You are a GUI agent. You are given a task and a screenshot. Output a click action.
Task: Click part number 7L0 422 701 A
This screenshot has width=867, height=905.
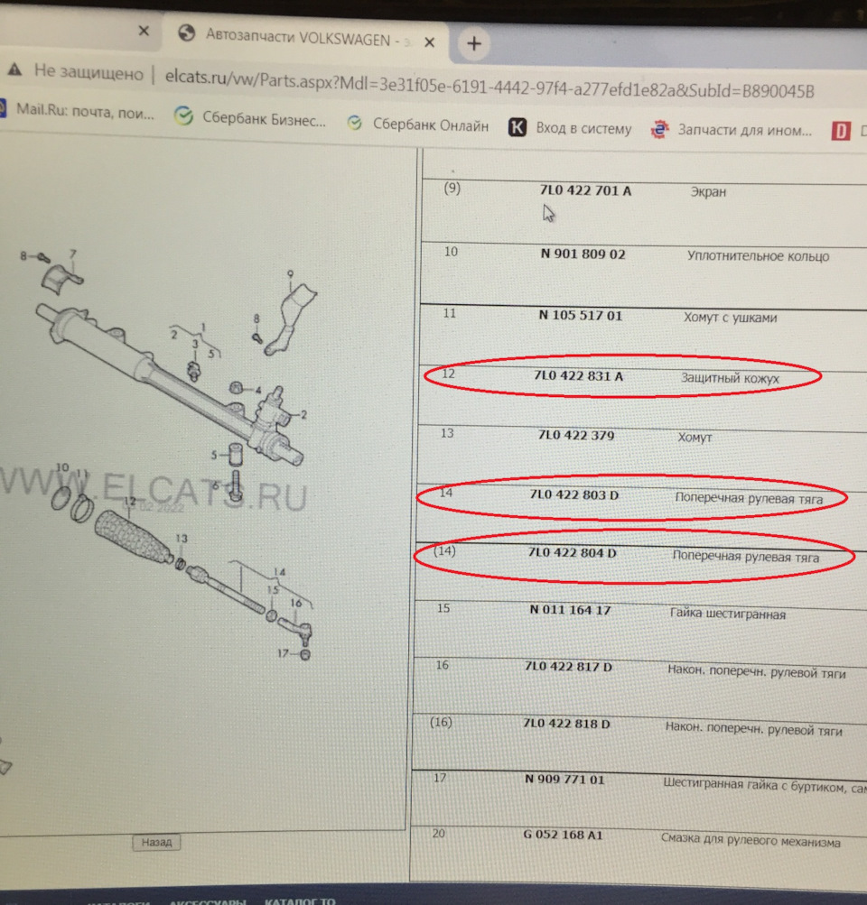[585, 191]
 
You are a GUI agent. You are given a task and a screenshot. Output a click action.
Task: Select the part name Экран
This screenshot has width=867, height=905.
[708, 192]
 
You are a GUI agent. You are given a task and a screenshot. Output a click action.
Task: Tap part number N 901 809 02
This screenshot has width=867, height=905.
[583, 254]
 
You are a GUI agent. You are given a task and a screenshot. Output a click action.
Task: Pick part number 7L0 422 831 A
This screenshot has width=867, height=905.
[578, 377]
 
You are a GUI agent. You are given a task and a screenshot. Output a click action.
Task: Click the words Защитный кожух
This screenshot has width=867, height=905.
[730, 379]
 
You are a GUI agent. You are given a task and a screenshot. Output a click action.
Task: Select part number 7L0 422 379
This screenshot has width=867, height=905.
[575, 436]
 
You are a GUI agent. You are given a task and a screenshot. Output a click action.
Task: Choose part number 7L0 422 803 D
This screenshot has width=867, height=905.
[574, 495]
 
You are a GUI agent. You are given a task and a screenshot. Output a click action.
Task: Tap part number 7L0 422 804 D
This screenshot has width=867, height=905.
[573, 552]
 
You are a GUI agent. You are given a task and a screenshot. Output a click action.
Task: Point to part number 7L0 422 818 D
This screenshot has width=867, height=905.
[567, 725]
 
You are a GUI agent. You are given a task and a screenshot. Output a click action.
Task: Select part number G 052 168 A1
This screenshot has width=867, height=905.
[563, 835]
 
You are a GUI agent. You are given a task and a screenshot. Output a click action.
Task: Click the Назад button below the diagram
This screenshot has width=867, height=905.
[156, 843]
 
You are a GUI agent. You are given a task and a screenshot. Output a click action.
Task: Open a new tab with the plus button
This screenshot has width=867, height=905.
[474, 42]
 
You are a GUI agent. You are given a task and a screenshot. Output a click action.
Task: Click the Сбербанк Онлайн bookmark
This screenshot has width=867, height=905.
[419, 126]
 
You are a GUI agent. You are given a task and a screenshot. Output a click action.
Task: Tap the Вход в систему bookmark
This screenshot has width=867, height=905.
[571, 128]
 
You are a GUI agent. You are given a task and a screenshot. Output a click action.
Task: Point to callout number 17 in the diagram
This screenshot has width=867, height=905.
[283, 653]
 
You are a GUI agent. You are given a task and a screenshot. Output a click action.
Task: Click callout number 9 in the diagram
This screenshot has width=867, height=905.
[291, 272]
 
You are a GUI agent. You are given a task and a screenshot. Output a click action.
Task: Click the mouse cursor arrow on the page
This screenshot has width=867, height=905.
[548, 213]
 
